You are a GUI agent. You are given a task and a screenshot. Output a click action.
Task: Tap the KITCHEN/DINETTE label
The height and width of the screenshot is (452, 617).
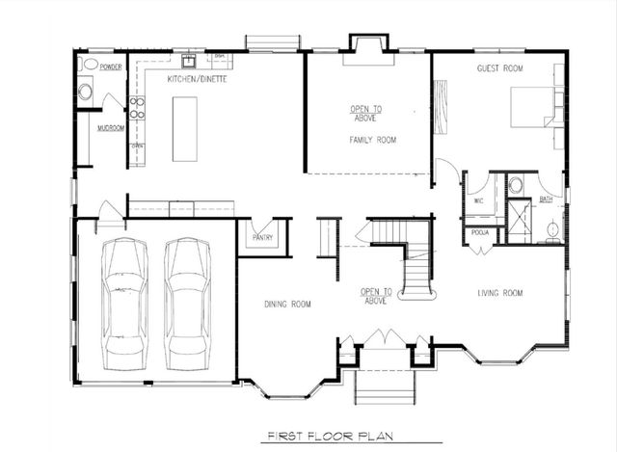tap(197, 78)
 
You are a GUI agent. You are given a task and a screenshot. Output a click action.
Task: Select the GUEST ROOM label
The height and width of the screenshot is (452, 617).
tap(499, 68)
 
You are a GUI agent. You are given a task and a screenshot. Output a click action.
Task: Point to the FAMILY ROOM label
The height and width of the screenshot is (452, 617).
tap(373, 141)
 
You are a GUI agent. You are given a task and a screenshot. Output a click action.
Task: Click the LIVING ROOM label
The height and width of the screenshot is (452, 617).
tap(499, 293)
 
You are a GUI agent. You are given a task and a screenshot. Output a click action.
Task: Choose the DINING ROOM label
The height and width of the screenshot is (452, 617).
tap(287, 305)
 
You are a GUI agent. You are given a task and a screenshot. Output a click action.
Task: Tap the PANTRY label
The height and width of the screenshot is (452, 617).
tap(262, 237)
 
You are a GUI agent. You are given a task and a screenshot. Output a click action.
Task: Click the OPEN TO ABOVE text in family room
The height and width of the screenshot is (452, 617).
tap(363, 113)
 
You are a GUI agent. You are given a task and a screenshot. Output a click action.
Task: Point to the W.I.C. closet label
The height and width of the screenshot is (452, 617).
tap(478, 201)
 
